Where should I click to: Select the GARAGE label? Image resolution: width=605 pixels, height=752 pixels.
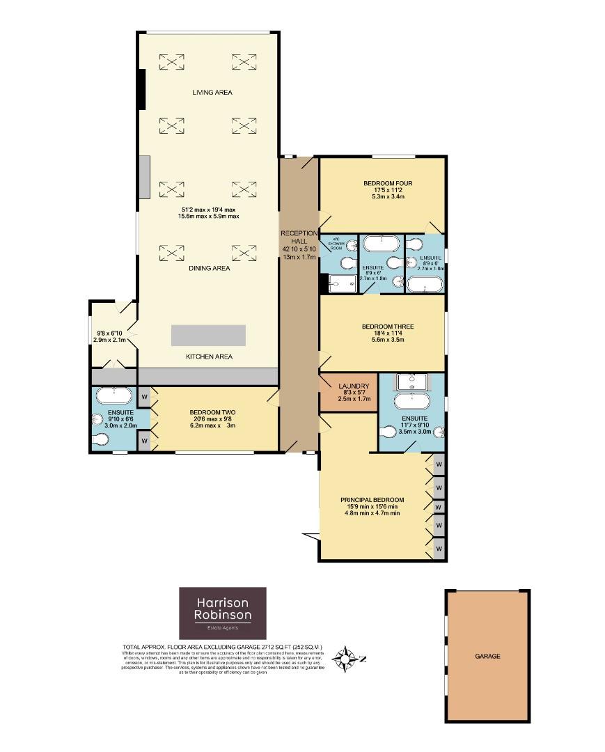pyautogui.click(x=487, y=656)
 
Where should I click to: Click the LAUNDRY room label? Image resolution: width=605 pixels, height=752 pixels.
pyautogui.click(x=348, y=386)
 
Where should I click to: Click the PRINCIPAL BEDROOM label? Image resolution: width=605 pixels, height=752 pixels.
pyautogui.click(x=372, y=500)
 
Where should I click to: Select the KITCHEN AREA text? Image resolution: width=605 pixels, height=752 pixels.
pyautogui.click(x=209, y=357)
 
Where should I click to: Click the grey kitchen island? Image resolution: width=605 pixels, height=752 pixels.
pyautogui.click(x=208, y=335)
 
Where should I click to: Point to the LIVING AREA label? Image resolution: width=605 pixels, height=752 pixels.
pyautogui.click(x=212, y=92)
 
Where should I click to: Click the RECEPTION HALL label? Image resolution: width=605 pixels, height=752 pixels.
pyautogui.click(x=299, y=237)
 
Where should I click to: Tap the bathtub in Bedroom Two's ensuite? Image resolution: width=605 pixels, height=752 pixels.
pyautogui.click(x=113, y=396)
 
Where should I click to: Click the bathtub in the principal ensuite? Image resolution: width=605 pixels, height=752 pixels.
pyautogui.click(x=414, y=402)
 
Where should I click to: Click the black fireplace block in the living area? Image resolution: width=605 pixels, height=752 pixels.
pyautogui.click(x=141, y=89)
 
